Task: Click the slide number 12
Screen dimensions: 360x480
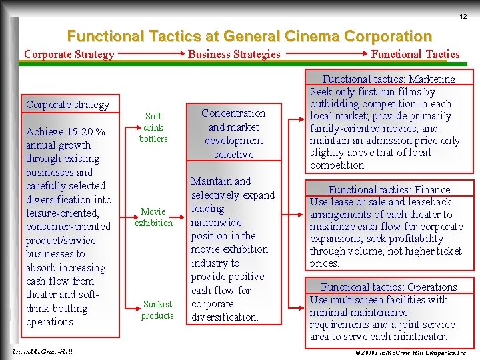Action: point(463,17)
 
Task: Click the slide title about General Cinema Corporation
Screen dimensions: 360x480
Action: point(249,36)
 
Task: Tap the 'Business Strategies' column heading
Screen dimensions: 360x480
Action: point(234,55)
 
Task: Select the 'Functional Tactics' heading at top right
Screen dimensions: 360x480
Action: point(415,55)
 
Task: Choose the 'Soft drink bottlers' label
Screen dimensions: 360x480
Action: point(153,127)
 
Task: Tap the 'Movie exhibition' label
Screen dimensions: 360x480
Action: point(153,217)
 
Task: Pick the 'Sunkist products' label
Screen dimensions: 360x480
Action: point(157,310)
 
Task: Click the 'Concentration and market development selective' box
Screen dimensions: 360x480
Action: point(233,133)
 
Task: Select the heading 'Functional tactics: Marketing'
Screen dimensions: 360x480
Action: point(389,79)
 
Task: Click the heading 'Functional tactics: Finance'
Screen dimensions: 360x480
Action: point(389,190)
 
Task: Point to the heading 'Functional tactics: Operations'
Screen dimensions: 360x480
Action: point(389,287)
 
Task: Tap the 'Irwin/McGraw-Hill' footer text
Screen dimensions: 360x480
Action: point(42,351)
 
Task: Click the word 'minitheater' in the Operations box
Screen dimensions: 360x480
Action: point(419,337)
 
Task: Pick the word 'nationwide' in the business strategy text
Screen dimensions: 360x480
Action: point(217,222)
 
